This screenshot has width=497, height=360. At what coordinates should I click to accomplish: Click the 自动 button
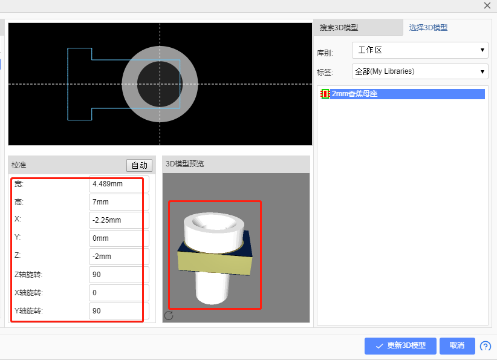139,165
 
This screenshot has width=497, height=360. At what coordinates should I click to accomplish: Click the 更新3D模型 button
400,345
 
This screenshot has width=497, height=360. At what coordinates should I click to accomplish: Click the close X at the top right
487,5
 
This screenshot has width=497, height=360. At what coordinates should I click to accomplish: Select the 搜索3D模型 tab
339,28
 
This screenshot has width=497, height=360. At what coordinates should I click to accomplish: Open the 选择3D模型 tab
428,28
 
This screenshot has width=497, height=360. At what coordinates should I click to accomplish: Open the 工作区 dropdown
420,50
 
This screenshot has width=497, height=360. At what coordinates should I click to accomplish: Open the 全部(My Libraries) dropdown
420,71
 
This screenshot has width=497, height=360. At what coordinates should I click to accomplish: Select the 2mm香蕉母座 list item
354,94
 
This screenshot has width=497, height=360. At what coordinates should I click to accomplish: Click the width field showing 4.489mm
119,184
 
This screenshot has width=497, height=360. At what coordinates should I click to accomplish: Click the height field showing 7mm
119,202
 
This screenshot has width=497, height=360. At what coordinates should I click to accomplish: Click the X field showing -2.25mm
119,220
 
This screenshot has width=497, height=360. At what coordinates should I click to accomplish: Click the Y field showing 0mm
119,238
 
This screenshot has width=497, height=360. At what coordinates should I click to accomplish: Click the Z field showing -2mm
119,257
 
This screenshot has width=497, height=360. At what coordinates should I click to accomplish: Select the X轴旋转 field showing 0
119,293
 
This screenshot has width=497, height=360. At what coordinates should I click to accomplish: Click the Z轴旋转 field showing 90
119,275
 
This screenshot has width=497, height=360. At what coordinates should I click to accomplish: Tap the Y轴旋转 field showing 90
119,311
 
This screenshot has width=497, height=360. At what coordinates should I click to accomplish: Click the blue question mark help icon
485,346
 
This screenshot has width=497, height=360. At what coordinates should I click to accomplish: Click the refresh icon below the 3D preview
169,315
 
